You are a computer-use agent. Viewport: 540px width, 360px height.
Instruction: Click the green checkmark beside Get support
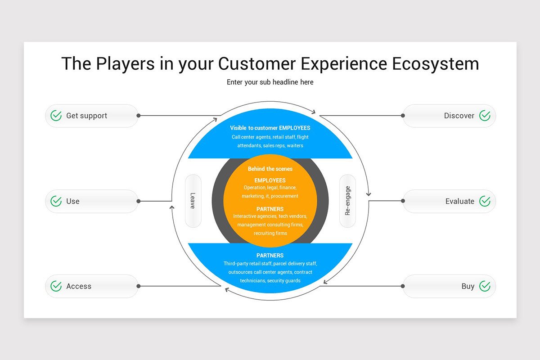tap(56, 116)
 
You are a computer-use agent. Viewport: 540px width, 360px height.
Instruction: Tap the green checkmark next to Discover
tap(485, 116)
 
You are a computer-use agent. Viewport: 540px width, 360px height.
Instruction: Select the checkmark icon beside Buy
tap(485, 286)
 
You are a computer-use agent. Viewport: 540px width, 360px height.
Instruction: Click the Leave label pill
tap(193, 201)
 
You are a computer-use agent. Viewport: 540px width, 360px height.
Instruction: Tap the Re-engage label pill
tap(347, 201)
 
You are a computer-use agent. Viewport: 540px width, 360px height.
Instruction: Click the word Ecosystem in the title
tap(435, 63)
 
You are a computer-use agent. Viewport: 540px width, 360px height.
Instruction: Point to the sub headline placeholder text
tap(270, 82)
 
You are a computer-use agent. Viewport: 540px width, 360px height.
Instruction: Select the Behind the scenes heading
tap(270, 169)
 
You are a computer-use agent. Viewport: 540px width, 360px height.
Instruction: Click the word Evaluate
tap(459, 201)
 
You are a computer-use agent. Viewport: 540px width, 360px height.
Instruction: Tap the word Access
tap(79, 286)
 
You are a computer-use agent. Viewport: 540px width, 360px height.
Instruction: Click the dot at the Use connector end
tap(139, 201)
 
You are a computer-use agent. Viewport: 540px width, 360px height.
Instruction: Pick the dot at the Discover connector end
tap(403, 116)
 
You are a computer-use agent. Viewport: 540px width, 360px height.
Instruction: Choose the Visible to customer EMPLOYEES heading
tap(270, 128)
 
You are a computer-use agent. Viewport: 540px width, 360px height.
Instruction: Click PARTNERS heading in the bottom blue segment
tap(270, 256)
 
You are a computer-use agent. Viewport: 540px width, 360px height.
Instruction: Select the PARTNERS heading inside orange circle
tap(270, 209)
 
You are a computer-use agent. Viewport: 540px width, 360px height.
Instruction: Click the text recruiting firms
tap(270, 233)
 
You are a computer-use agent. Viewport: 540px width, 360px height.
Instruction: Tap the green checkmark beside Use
tap(56, 201)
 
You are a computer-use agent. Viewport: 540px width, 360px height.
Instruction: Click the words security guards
tap(283, 281)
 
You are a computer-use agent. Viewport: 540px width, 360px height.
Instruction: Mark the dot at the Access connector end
tap(139, 286)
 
